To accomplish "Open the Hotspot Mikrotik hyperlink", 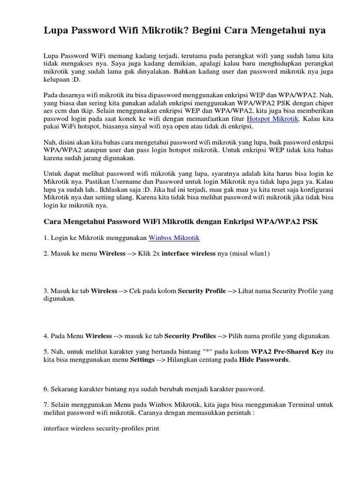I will (272, 119).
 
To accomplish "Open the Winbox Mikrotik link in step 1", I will (174, 238).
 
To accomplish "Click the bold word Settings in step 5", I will (142, 360).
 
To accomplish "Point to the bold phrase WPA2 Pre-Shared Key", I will (287, 352).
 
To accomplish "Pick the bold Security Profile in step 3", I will (202, 291).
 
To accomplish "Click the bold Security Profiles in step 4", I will (190, 336).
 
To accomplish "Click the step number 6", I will (45, 389).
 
